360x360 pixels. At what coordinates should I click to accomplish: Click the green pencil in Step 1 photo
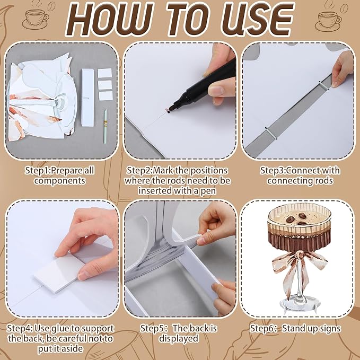pyautogui.click(x=106, y=127)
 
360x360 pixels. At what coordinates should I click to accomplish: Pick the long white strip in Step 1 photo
pyautogui.click(x=87, y=98)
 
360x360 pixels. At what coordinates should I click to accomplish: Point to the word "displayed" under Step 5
pyautogui.click(x=179, y=339)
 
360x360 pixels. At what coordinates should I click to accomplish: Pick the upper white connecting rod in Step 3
pyautogui.click(x=324, y=85)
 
